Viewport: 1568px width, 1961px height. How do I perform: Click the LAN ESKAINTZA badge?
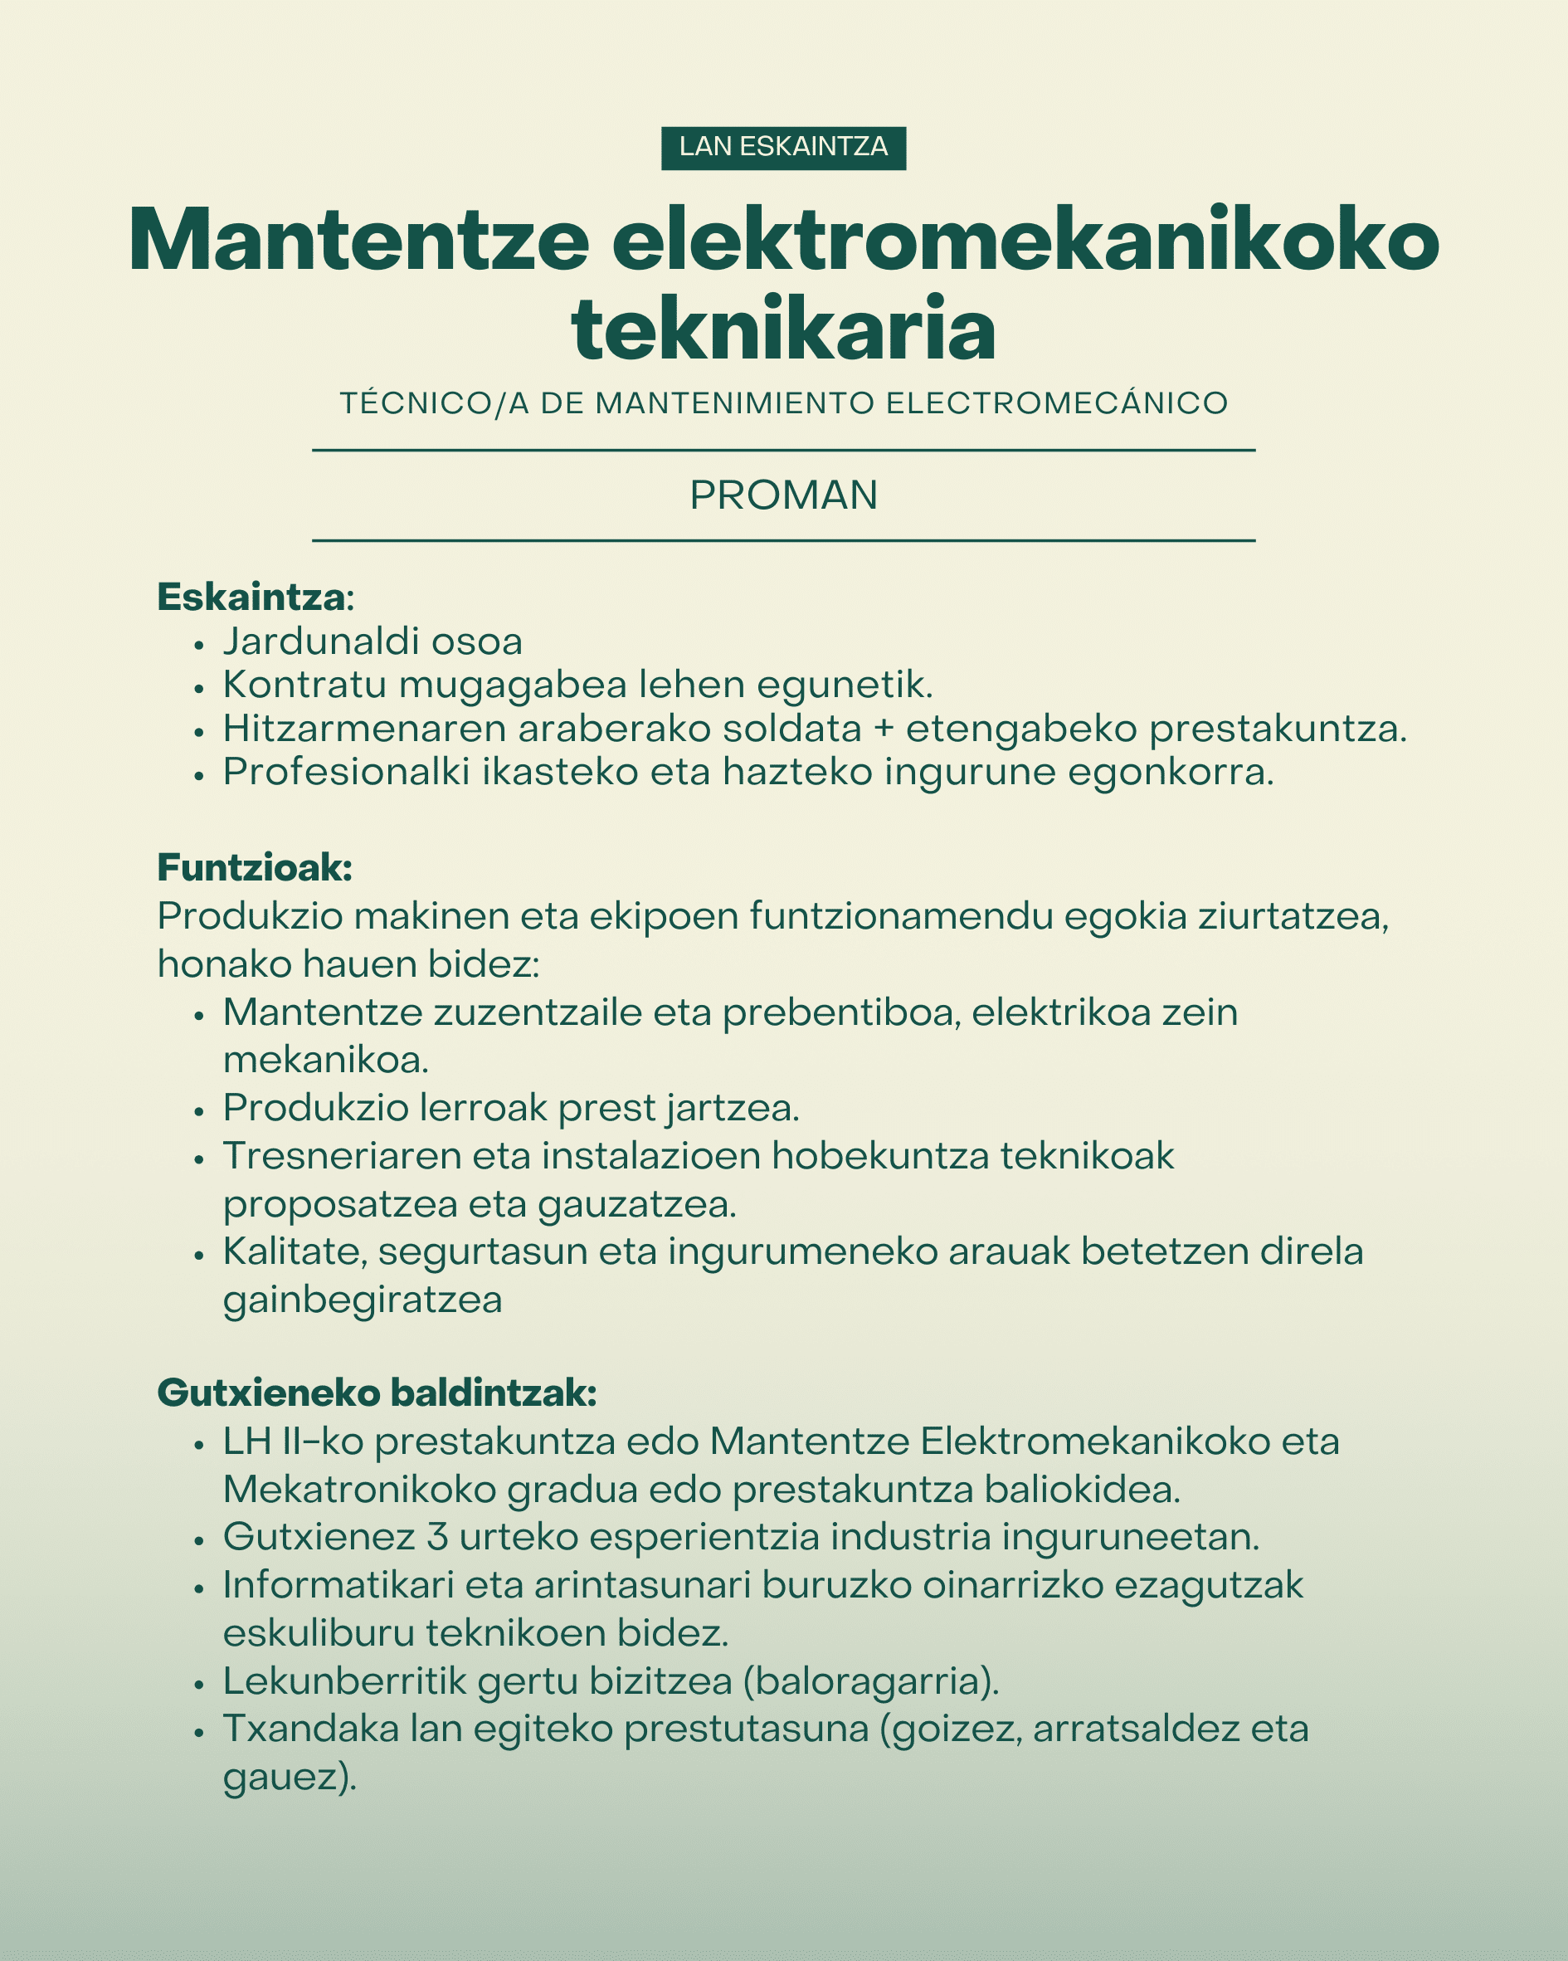point(783,148)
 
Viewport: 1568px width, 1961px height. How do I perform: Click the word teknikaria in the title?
point(783,329)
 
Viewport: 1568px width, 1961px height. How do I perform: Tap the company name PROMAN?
point(783,495)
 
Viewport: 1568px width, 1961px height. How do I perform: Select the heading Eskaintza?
point(252,597)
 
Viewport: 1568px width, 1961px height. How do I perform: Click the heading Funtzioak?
point(255,868)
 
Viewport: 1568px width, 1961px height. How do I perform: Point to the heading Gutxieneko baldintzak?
point(377,1393)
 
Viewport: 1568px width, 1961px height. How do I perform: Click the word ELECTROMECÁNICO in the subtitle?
point(1057,403)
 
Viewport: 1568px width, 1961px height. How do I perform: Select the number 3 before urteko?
point(436,1536)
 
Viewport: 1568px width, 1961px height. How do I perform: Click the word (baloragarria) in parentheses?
point(871,1681)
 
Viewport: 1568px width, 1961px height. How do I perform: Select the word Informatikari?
point(338,1584)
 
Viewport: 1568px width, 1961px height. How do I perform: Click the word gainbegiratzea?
point(362,1299)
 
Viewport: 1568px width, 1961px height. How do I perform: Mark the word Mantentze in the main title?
point(358,240)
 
